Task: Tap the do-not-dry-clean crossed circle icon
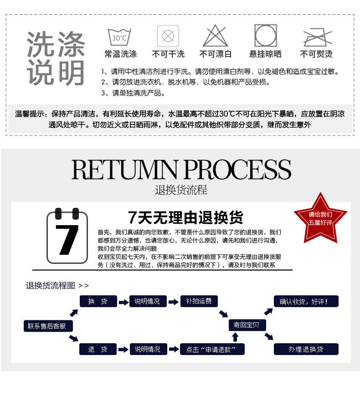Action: click(168, 36)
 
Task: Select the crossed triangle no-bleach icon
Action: click(215, 36)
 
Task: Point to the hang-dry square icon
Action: click(266, 36)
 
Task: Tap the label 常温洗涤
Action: click(120, 54)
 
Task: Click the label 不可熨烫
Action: click(316, 54)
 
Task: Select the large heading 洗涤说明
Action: click(56, 58)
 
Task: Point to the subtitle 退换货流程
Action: click(181, 190)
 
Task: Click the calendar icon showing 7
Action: click(67, 236)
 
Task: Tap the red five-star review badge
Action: click(320, 216)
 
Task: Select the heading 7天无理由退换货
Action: click(185, 217)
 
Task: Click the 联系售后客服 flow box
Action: click(47, 326)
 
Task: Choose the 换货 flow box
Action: click(98, 301)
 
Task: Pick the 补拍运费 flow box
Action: click(199, 301)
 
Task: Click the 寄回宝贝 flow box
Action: click(247, 325)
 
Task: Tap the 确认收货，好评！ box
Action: click(306, 301)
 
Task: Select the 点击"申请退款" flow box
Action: click(212, 350)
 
